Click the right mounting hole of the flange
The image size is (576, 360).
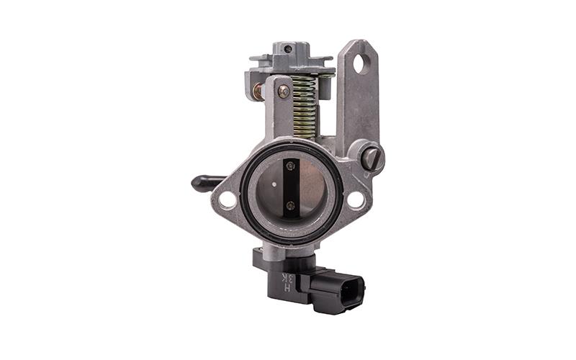(x=356, y=199)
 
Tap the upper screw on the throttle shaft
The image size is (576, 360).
(x=290, y=166)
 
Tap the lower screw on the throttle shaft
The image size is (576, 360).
(x=290, y=205)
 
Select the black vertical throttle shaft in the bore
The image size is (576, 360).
(x=290, y=186)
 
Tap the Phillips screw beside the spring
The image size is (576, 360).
(x=284, y=91)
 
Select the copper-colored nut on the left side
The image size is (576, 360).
(x=256, y=91)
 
